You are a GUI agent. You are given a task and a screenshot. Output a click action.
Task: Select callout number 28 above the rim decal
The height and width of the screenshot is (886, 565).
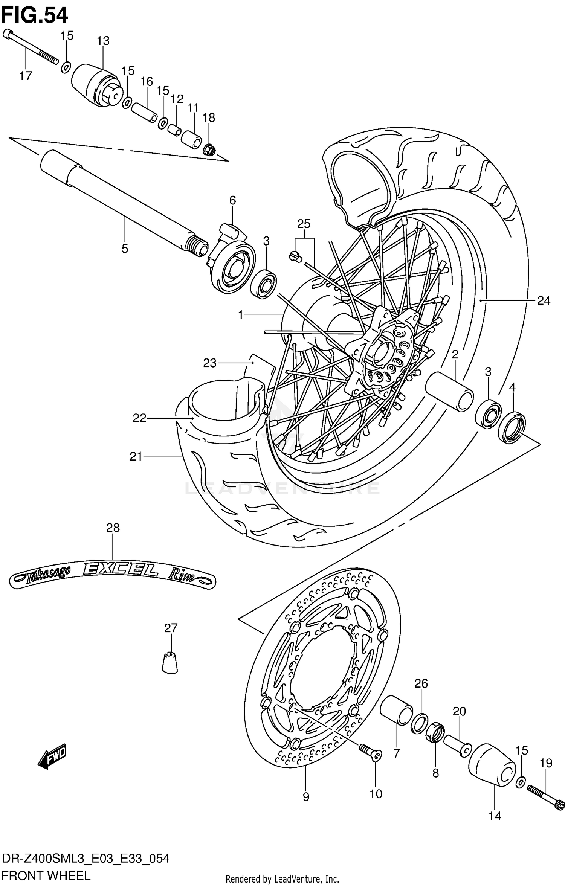[x=113, y=528]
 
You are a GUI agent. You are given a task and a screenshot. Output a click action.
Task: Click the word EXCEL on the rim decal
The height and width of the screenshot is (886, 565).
[x=120, y=570]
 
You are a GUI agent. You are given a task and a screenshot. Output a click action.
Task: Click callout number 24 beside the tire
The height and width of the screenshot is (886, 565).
[x=544, y=300]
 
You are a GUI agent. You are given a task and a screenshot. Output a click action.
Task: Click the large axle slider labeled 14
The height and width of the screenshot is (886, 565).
[x=492, y=764]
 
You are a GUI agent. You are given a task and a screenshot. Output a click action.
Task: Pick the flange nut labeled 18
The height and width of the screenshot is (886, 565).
[x=209, y=151]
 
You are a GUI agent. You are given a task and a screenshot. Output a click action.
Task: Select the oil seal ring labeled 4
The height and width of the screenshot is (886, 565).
[x=512, y=427]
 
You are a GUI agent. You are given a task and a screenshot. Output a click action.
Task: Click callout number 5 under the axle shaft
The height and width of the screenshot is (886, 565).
[x=125, y=249]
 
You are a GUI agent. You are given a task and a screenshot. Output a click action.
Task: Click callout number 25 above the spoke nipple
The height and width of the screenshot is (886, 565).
[x=304, y=224]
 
